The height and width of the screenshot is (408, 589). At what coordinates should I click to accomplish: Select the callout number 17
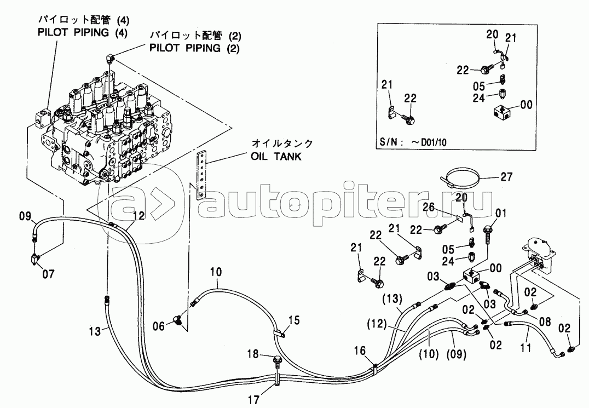(254, 400)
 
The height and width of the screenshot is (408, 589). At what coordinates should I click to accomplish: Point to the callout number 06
(159, 326)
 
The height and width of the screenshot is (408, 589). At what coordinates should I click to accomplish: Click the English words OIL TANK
(276, 156)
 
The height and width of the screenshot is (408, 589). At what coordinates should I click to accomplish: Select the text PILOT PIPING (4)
(83, 32)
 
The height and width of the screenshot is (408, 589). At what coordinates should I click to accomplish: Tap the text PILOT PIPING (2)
(194, 48)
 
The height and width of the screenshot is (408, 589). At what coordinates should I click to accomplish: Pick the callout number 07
(48, 274)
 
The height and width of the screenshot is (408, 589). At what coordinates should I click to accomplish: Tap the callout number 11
(526, 348)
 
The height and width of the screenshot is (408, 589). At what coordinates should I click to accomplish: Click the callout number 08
(545, 321)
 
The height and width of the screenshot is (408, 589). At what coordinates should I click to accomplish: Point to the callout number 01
(501, 214)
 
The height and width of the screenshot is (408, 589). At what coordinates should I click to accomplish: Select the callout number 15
(294, 320)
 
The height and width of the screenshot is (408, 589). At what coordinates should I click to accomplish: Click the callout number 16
(360, 350)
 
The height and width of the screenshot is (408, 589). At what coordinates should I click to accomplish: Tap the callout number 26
(428, 206)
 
